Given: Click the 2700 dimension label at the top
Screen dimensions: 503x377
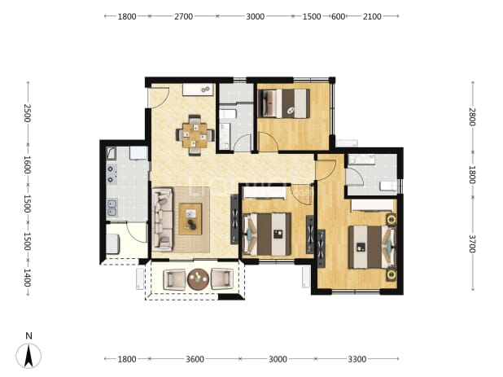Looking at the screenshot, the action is [x=183, y=16].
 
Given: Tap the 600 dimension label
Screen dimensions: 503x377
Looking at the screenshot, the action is [x=338, y=16].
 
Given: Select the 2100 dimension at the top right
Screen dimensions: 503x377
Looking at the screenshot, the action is [x=372, y=16].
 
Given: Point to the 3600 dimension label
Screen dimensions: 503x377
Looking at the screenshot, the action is [x=195, y=359].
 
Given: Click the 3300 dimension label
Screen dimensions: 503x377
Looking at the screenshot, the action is [x=357, y=359].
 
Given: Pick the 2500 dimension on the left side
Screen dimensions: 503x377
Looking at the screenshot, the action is [x=27, y=113].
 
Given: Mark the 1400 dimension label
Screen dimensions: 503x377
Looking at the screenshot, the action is [x=27, y=278].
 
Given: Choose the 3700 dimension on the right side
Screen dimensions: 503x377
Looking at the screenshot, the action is [x=472, y=243].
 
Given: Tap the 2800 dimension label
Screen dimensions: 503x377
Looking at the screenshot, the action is [x=472, y=116].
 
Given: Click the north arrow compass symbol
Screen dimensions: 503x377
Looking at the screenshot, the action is [x=28, y=356].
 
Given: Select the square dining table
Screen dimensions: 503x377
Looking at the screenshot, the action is [x=195, y=135].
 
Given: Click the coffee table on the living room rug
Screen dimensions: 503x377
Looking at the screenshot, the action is [x=190, y=219].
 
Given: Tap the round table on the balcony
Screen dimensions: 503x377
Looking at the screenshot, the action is [x=199, y=278].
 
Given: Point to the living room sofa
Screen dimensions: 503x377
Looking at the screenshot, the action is [x=162, y=219].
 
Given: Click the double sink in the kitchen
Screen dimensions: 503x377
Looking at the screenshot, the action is [x=112, y=208].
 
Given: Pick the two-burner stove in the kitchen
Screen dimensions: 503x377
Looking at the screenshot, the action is [x=112, y=173].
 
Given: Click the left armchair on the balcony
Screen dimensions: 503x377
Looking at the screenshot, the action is [x=174, y=279].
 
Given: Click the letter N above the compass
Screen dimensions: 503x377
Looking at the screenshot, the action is [x=28, y=336].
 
